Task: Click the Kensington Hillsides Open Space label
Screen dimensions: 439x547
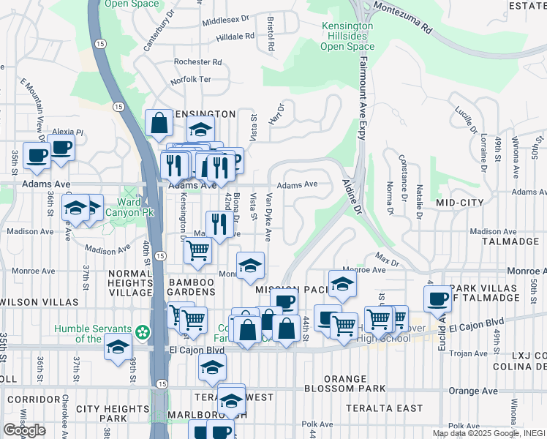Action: click(347, 36)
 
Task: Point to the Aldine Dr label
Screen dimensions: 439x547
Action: click(352, 198)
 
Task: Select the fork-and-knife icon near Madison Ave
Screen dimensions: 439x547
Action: click(219, 224)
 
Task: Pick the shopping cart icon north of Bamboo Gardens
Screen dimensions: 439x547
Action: click(197, 249)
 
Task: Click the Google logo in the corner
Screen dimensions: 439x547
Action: click(24, 430)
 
